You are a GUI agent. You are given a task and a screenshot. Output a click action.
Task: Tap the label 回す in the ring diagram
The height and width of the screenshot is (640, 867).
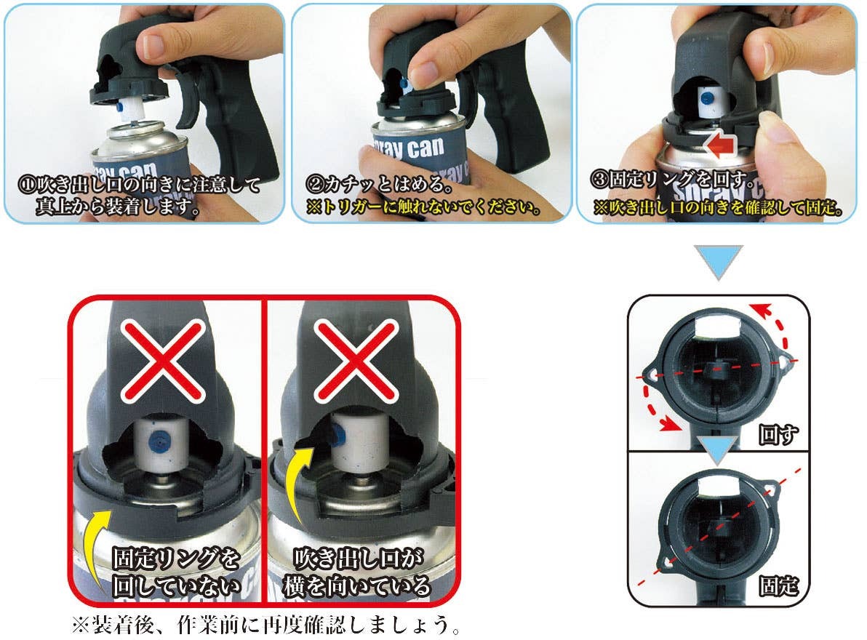pos(778,434)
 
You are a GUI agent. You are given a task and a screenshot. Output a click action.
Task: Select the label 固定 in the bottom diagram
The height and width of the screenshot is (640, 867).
pos(778,586)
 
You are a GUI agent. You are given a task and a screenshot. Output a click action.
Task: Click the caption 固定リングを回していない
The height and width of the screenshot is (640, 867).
pos(176,573)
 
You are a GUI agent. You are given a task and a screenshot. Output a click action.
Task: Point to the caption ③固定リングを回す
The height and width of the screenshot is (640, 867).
pos(671,177)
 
